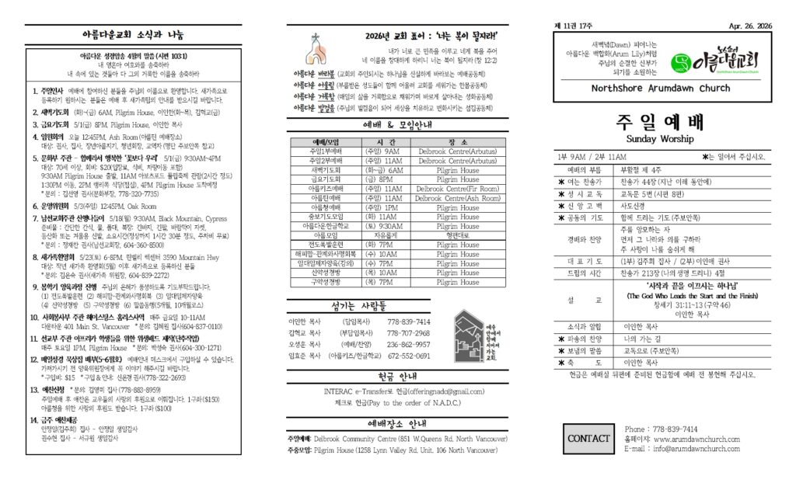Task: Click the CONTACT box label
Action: (588, 438)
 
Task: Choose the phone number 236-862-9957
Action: (408, 344)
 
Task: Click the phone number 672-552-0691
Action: (408, 356)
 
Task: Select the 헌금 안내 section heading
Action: (396, 374)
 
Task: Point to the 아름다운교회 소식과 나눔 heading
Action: (133, 35)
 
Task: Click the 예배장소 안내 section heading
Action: (396, 424)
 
